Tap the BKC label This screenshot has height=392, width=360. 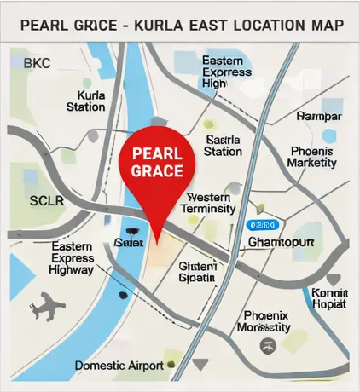(x=37, y=64)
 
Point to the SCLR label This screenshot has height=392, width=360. (x=46, y=201)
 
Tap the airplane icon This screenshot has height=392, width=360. (x=46, y=304)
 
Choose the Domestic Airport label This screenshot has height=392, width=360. (x=119, y=365)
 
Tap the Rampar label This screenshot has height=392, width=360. (x=318, y=116)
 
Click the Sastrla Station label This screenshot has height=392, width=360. (x=224, y=145)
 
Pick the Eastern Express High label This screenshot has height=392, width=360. (x=226, y=72)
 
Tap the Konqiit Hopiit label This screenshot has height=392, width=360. (x=329, y=297)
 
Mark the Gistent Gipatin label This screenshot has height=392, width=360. (x=197, y=272)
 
